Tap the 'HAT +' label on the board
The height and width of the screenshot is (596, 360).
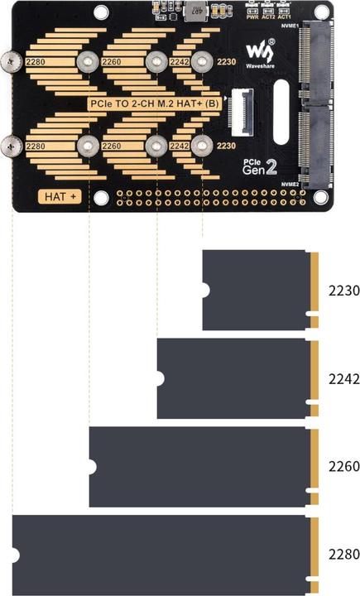click(x=60, y=197)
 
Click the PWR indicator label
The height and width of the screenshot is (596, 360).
click(x=252, y=16)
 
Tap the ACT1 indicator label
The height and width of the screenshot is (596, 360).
click(x=284, y=16)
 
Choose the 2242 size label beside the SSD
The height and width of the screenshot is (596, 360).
click(x=342, y=378)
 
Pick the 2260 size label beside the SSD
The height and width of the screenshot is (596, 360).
click(x=342, y=467)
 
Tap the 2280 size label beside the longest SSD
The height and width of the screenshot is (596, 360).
click(x=342, y=555)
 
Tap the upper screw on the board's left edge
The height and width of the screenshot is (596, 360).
click(x=12, y=61)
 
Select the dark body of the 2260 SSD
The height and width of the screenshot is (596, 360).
click(x=199, y=467)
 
